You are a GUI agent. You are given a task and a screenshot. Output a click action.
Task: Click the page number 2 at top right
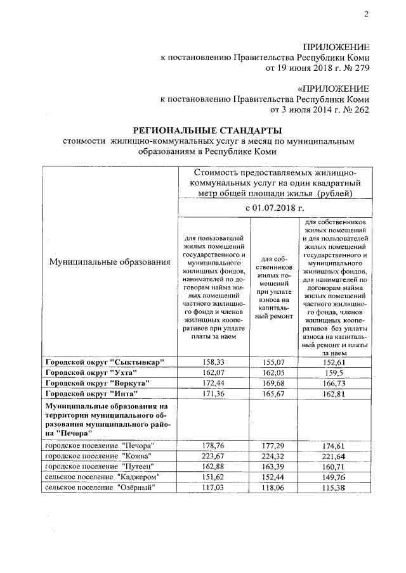(366, 15)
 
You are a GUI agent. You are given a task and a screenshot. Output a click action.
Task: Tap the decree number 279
(360, 68)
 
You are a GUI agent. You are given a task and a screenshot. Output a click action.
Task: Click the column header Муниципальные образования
(107, 261)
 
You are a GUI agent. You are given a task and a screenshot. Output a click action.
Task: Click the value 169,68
(275, 384)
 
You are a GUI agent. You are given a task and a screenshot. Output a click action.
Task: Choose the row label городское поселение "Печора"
(99, 446)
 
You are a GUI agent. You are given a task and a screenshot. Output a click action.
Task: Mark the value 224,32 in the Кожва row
(275, 456)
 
